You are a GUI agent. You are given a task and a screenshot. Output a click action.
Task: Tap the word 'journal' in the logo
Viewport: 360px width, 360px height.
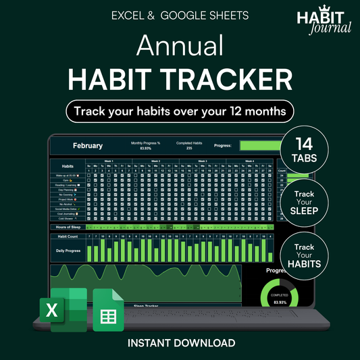pyautogui.click(x=332, y=29)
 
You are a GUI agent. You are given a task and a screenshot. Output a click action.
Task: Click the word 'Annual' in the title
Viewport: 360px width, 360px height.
pyautogui.click(x=180, y=46)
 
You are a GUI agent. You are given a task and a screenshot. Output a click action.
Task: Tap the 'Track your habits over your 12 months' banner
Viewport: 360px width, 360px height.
pyautogui.click(x=180, y=110)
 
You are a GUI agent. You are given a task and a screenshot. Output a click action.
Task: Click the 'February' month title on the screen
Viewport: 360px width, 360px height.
pyautogui.click(x=88, y=145)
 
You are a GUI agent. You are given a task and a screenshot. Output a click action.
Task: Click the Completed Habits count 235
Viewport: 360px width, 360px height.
pyautogui.click(x=190, y=148)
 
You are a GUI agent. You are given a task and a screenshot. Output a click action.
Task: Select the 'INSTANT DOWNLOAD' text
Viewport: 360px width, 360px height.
pyautogui.click(x=180, y=343)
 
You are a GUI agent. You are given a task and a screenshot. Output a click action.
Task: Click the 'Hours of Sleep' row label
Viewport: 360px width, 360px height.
pyautogui.click(x=69, y=228)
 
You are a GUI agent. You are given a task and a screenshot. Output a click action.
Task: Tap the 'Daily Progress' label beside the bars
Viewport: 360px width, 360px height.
pyautogui.click(x=69, y=251)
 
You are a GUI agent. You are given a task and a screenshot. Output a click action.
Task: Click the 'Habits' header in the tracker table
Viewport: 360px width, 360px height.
pyautogui.click(x=68, y=165)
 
